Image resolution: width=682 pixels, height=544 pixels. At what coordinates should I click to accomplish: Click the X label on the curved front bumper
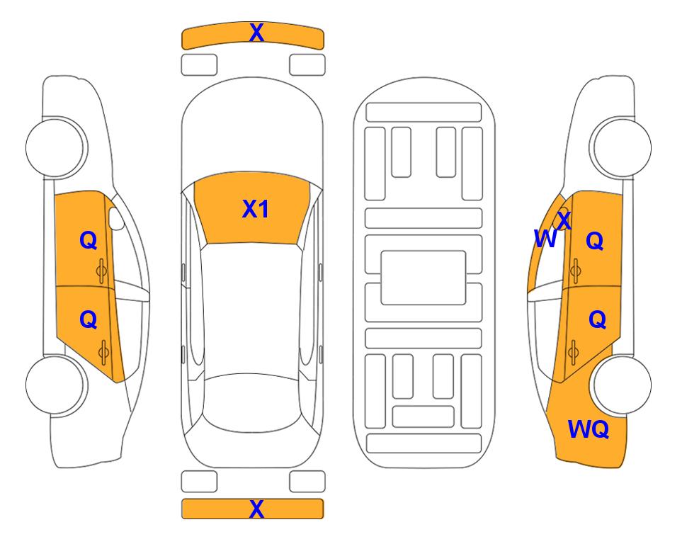256,33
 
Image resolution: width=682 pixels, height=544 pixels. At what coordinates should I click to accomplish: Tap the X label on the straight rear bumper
256,509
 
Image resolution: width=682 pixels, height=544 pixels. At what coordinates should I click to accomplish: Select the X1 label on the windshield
256,209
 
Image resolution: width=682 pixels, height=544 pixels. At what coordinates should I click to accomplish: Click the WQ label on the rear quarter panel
589,429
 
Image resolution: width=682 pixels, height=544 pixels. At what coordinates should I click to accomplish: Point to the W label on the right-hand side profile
545,239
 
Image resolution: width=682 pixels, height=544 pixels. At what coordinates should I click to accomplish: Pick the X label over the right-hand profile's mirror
564,220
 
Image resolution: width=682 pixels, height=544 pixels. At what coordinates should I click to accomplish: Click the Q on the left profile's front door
89,240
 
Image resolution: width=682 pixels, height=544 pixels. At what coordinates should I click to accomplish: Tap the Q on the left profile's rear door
89,320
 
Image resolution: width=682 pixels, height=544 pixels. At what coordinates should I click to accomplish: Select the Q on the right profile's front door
595,240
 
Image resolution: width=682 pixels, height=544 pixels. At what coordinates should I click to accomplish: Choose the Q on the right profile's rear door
597,320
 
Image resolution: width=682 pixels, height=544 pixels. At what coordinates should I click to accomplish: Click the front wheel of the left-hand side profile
55,147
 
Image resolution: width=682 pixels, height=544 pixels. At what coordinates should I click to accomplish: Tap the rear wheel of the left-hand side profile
55,385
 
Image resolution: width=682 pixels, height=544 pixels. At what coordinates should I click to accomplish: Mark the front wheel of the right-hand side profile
621,147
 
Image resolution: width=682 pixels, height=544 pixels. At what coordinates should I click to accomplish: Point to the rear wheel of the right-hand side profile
622,385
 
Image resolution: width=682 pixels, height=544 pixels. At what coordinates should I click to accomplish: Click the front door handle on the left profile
102,271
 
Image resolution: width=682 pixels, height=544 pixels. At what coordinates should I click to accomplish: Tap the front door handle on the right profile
575,271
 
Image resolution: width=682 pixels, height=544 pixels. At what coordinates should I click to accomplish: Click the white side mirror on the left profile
116,218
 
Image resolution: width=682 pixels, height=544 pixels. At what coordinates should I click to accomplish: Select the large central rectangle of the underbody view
424,278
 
